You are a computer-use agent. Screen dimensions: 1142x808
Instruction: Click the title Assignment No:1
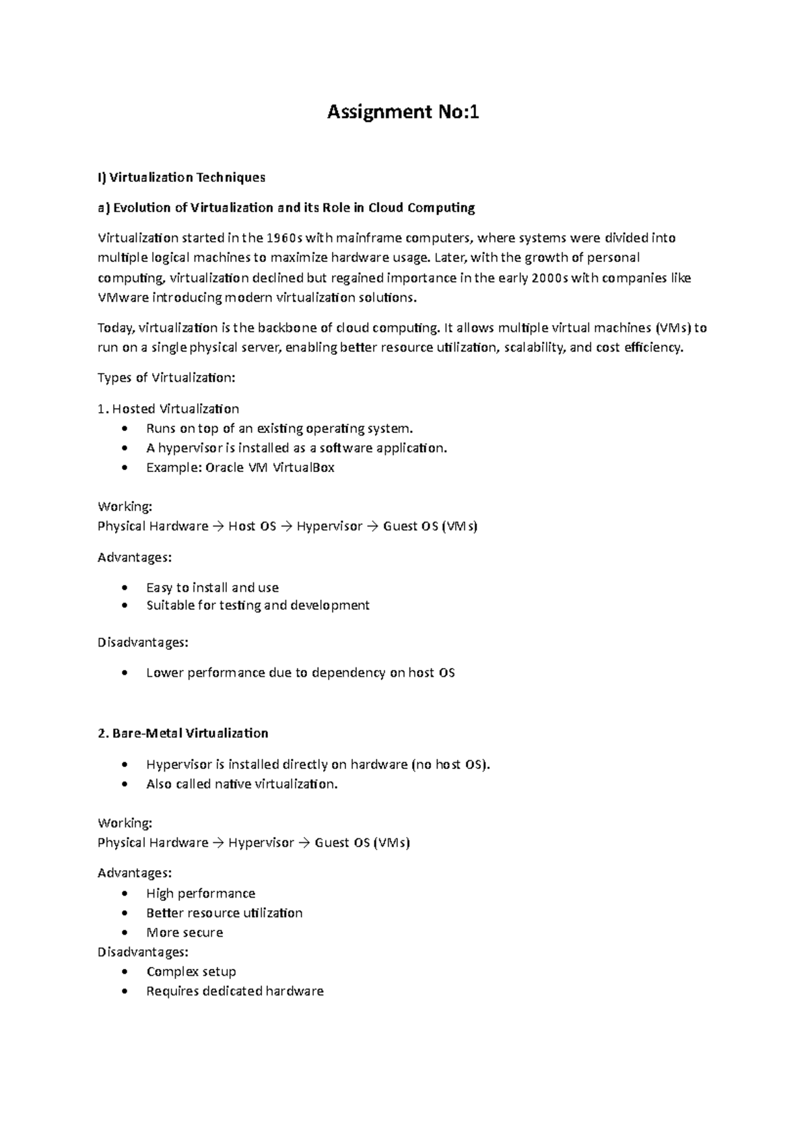coord(403,112)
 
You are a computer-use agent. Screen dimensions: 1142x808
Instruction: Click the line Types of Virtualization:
coord(166,378)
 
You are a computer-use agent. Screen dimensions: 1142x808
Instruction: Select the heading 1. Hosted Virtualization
coord(168,409)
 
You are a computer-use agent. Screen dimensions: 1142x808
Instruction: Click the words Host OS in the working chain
coord(252,526)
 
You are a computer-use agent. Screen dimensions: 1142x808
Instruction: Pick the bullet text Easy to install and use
coord(212,587)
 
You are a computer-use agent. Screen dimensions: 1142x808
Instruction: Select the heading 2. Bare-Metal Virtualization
coord(182,733)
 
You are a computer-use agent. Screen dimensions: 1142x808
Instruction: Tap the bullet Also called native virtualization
coord(242,784)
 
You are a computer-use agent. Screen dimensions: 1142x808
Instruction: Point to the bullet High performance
coord(201,894)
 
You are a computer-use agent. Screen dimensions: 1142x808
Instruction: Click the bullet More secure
coord(184,933)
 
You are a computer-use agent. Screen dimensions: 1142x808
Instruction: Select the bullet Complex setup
coord(191,972)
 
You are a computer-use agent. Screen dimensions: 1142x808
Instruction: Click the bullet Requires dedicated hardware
coord(235,991)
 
